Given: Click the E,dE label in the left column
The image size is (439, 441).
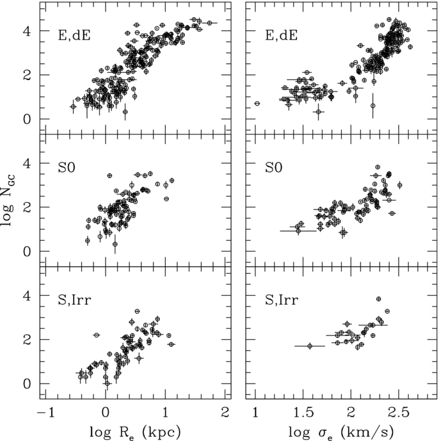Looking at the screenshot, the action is (74, 36).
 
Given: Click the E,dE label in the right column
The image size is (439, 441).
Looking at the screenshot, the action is (281, 36).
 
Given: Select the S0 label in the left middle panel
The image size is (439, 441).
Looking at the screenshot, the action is (67, 168).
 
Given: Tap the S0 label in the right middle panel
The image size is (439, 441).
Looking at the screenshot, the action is (274, 168).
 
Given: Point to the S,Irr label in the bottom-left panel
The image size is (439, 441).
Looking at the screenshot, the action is (74, 300).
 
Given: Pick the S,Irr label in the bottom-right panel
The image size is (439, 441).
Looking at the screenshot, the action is (282, 300).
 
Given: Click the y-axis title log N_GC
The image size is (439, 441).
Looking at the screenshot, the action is (8, 200).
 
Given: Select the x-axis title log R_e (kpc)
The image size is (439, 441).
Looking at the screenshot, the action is (135, 432).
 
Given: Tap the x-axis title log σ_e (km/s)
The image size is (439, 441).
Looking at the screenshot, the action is (340, 432).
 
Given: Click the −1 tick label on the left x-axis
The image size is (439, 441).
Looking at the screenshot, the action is (46, 413).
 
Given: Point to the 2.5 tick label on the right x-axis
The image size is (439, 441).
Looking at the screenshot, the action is (399, 413).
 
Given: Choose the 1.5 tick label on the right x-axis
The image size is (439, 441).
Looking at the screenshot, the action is (303, 413).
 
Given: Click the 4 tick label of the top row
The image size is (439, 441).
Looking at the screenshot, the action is (27, 31).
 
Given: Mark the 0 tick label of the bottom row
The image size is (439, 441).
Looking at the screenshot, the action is (27, 383).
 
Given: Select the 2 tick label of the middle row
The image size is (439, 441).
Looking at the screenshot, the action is (27, 207).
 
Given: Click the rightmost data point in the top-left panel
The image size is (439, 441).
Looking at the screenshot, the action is (209, 23).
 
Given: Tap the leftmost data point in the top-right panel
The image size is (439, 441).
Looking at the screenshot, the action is (257, 104).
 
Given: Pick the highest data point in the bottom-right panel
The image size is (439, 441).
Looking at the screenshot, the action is (379, 299).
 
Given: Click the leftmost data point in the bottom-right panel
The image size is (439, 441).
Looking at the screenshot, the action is (310, 346).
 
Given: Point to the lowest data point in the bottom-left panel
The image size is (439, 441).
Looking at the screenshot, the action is (107, 383).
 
